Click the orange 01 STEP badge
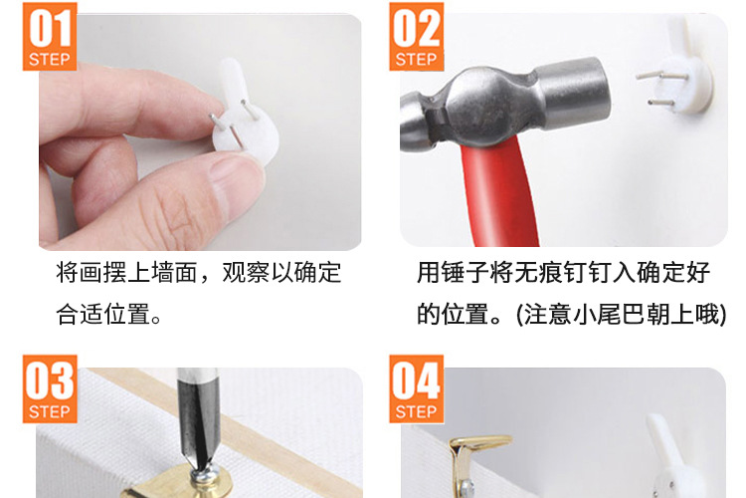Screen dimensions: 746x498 pyautogui.click(x=50, y=37)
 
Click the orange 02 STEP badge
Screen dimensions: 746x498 pyautogui.click(x=417, y=37)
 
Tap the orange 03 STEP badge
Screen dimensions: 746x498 pyautogui.click(x=50, y=388)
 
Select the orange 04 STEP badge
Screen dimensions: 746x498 pyautogui.click(x=417, y=388)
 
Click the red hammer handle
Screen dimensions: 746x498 pyautogui.click(x=499, y=190)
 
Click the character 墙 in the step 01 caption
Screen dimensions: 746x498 pyautogui.click(x=163, y=273)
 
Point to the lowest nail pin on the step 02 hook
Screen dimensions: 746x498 pyautogui.click(x=660, y=102)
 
